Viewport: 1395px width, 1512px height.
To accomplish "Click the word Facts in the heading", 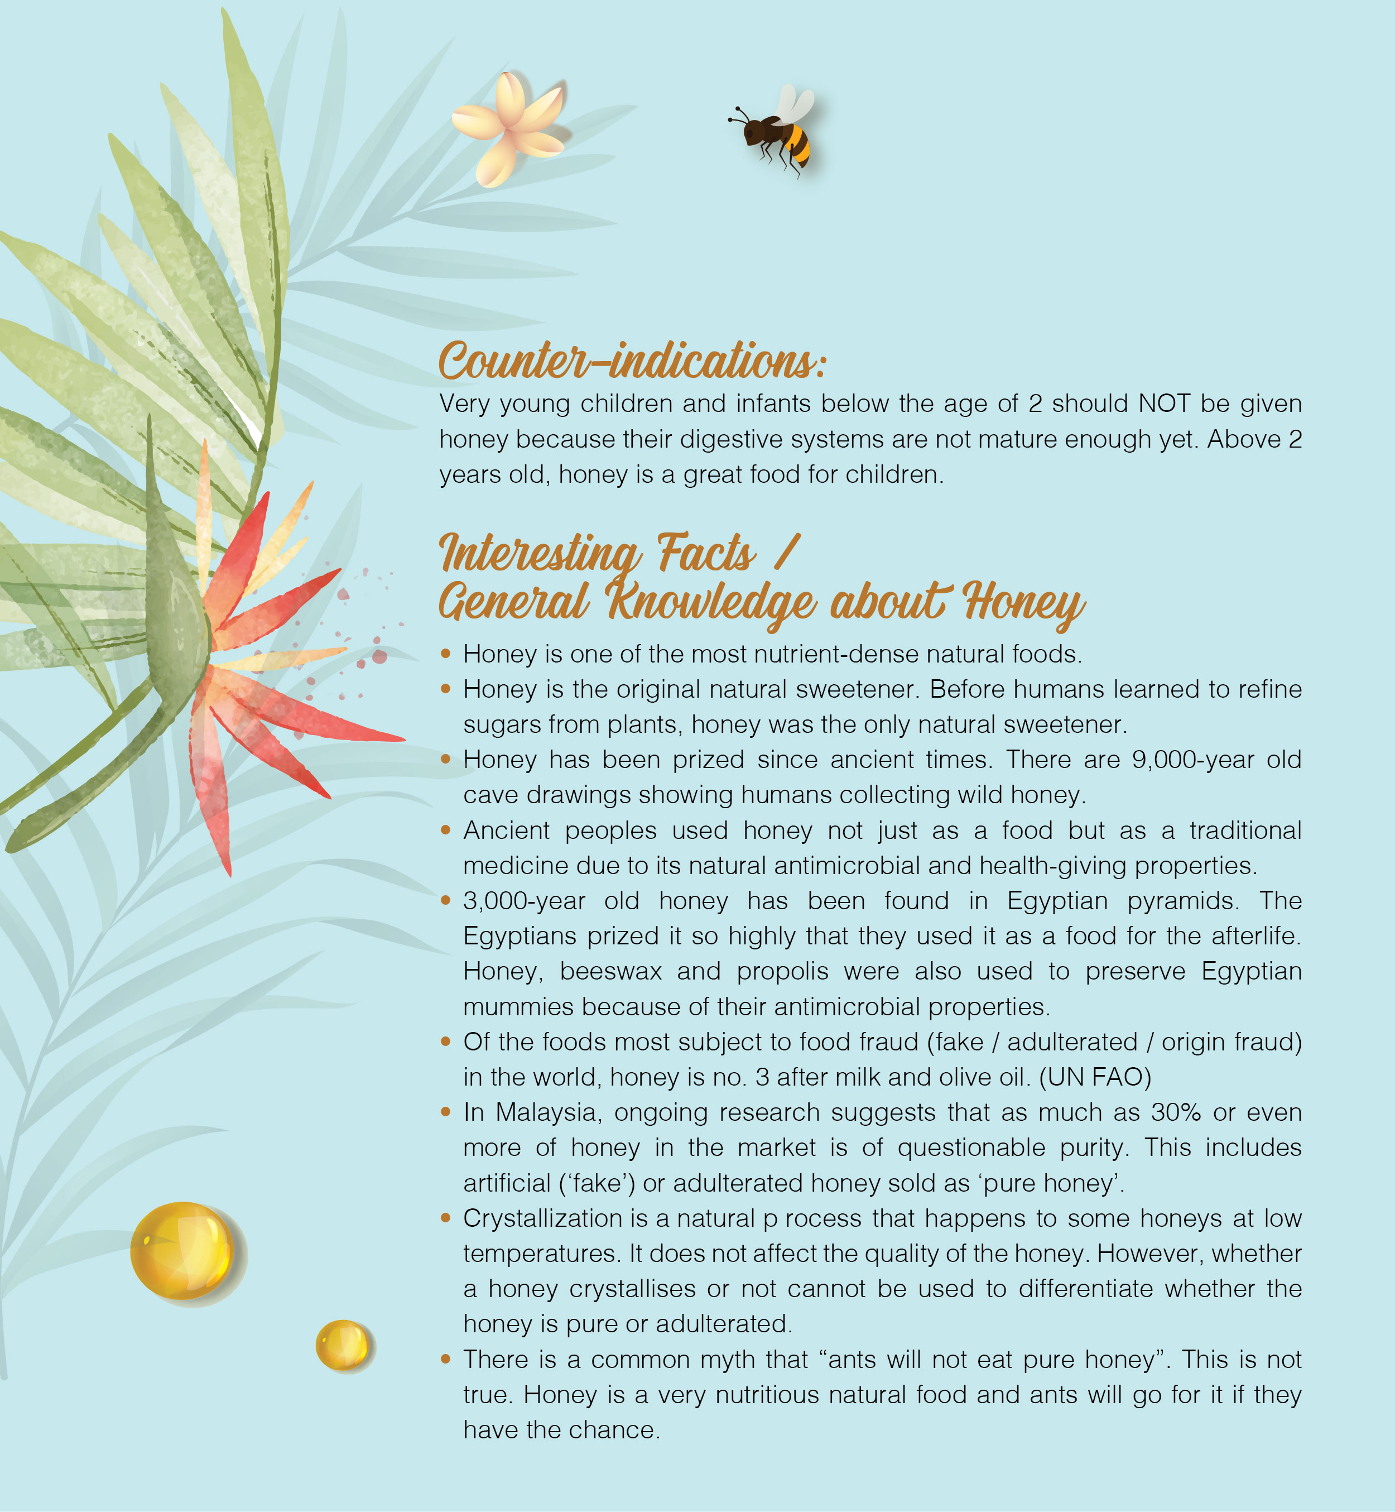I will (705, 553).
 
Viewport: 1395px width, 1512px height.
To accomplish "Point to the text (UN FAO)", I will (1095, 1077).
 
